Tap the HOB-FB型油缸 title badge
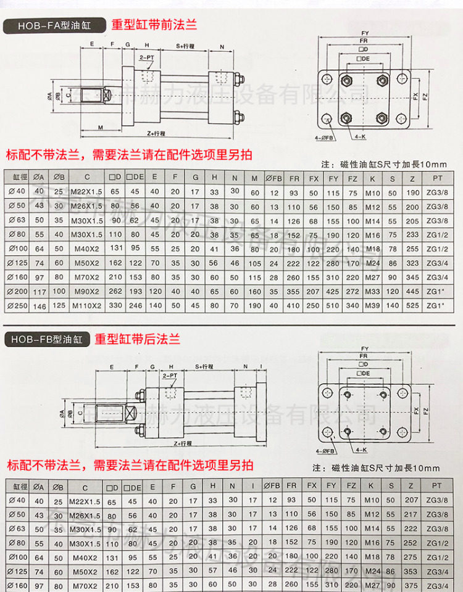(x=46, y=339)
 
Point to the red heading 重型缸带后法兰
(x=137, y=339)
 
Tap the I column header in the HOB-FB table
(x=252, y=487)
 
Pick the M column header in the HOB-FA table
(x=254, y=177)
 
